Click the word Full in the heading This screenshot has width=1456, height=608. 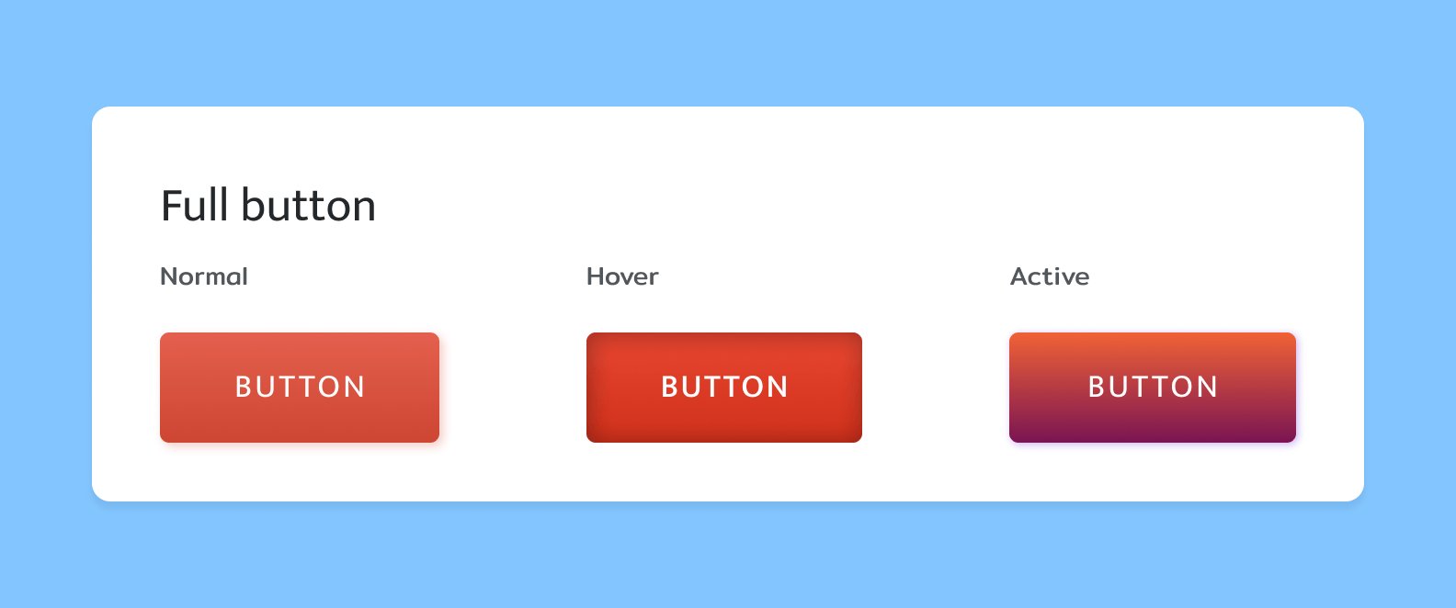(194, 205)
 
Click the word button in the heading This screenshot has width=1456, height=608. (309, 205)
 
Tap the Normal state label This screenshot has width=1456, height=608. (204, 276)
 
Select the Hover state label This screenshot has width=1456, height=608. (622, 276)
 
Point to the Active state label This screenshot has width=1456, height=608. (1050, 276)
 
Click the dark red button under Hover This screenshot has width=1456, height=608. (724, 388)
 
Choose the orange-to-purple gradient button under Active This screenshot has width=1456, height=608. (1153, 388)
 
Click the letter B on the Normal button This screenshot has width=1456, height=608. (243, 387)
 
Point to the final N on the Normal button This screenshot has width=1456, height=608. (354, 387)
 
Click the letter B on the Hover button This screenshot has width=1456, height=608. (669, 387)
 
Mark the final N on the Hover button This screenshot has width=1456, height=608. (778, 387)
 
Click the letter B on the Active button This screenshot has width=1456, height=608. (1097, 387)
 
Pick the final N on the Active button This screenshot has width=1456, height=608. (1207, 387)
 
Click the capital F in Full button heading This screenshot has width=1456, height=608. (171, 205)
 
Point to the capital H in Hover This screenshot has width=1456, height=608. (597, 276)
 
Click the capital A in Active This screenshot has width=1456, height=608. (1020, 276)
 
